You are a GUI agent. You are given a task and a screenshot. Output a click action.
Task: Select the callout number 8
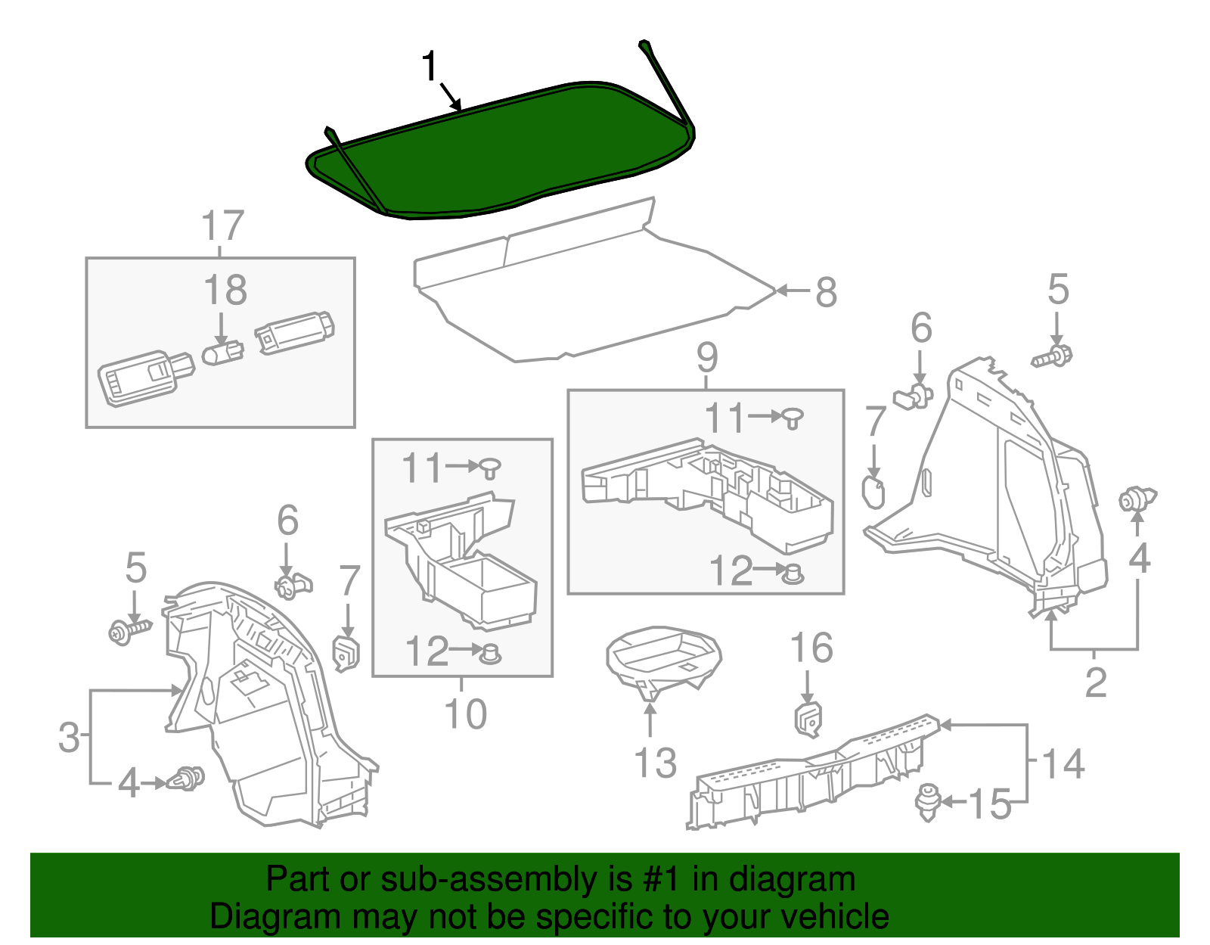pos(826,292)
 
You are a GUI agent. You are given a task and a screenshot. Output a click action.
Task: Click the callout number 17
pos(222,225)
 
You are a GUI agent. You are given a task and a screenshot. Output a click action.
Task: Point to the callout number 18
pos(225,290)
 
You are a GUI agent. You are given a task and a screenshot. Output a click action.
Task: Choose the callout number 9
pos(707,356)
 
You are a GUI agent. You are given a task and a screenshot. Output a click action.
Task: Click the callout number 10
pos(465,714)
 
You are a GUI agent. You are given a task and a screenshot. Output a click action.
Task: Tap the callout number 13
pos(655,763)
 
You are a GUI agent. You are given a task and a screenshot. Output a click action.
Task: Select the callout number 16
pos(811,648)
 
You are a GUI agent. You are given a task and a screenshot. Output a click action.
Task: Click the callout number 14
pos(1063,763)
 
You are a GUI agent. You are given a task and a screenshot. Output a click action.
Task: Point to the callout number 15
pos(990,804)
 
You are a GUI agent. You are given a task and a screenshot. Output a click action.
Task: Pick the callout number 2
pos(1096,682)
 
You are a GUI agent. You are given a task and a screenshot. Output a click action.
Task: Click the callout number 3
pos(69,737)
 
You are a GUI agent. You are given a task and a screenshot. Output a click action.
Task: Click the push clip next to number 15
pos(927,801)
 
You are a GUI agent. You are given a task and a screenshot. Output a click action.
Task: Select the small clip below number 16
pos(808,719)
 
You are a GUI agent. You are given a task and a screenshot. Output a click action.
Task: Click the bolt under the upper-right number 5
pos(1053,356)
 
